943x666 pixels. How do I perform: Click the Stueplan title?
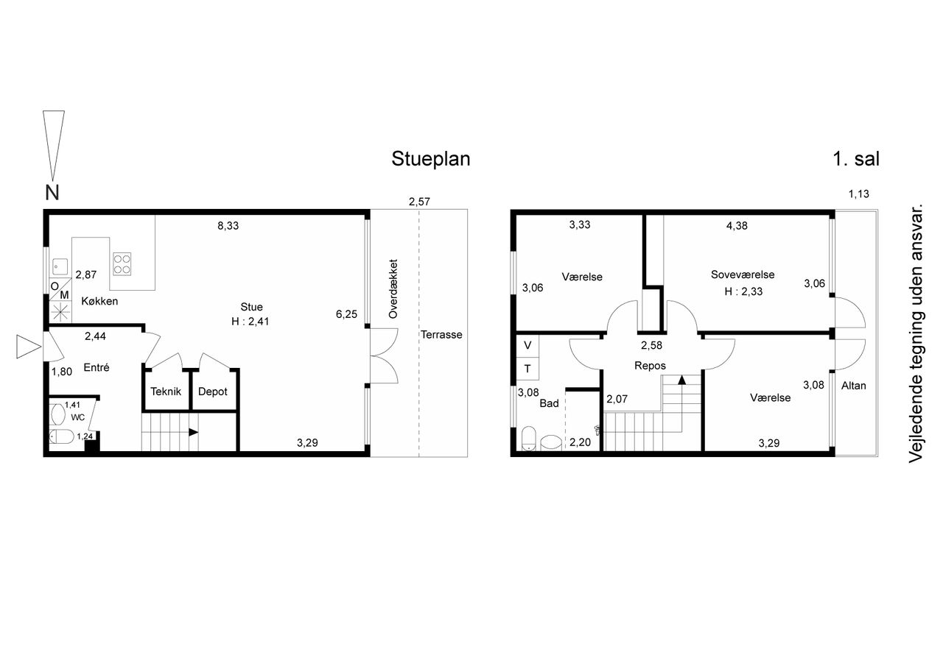[x=431, y=159]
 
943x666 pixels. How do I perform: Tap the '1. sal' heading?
[x=856, y=159]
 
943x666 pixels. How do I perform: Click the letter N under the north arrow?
[x=52, y=193]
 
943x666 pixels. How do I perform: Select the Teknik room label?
[x=166, y=392]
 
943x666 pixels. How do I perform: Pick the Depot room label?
[x=213, y=392]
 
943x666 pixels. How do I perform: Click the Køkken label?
[x=99, y=301]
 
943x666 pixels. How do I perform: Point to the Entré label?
[x=97, y=367]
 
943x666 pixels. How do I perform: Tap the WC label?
[x=78, y=417]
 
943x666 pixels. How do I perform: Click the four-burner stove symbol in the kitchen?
[x=122, y=264]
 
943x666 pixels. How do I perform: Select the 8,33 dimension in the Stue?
[x=228, y=226]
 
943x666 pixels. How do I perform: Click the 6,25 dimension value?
[x=346, y=314]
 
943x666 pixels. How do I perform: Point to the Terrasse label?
[x=441, y=335]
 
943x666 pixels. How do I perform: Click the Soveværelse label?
[x=743, y=274]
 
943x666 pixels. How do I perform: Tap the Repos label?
[x=650, y=366]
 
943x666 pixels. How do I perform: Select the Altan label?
[x=854, y=386]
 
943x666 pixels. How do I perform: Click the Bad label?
[x=550, y=403]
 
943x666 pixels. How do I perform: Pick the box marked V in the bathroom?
[x=527, y=346]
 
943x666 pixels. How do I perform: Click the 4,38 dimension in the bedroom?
[x=737, y=226]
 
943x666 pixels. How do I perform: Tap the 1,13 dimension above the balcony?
[x=859, y=194]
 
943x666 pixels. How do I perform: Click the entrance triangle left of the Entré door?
[x=29, y=347]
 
